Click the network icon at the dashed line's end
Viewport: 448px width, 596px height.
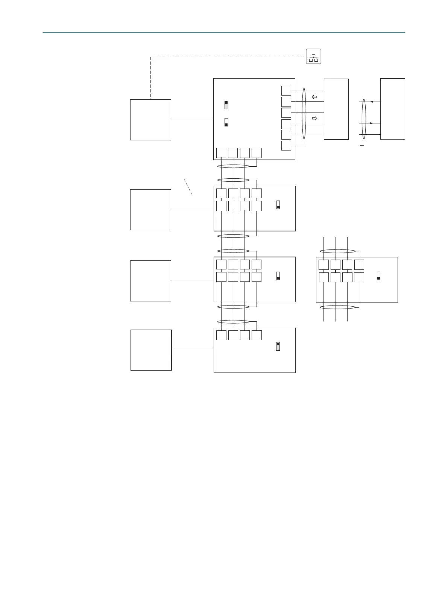[313, 56]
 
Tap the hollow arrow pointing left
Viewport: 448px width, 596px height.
[314, 97]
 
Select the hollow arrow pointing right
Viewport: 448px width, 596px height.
[314, 119]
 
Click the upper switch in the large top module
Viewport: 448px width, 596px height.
[226, 105]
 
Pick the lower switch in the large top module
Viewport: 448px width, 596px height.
[226, 122]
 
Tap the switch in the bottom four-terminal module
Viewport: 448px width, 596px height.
[278, 346]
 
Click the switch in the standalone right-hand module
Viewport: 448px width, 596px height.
[378, 276]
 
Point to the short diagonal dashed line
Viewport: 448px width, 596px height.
[188, 187]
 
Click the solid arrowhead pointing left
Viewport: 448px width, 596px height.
[372, 102]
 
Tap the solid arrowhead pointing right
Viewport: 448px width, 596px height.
[372, 123]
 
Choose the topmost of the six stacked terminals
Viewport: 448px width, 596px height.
[286, 90]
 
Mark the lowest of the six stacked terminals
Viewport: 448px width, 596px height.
[286, 146]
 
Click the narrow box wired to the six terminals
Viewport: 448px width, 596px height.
[336, 109]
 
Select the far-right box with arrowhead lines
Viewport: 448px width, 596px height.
[392, 109]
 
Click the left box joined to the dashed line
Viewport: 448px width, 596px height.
[150, 120]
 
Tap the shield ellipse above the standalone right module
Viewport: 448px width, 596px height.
[337, 251]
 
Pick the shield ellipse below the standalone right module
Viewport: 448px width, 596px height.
[337, 307]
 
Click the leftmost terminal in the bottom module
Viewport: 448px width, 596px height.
[222, 335]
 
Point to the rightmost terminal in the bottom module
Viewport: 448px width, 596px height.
[257, 335]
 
